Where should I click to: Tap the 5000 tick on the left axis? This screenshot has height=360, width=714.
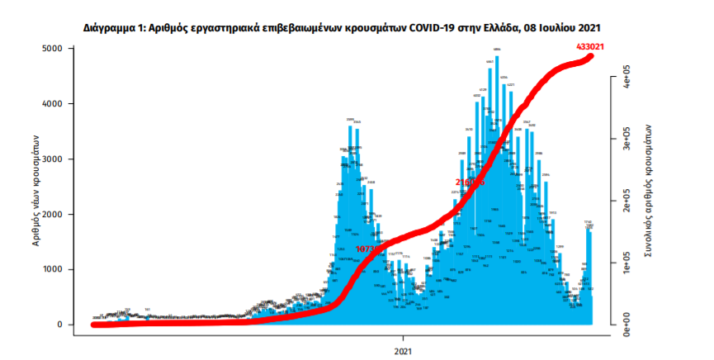(52, 50)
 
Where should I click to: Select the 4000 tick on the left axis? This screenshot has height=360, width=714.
(52, 104)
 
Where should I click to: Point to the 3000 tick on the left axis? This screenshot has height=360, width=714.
(52, 159)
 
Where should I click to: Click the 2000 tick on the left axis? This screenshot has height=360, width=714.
(52, 215)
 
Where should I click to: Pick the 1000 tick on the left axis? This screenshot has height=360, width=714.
(52, 270)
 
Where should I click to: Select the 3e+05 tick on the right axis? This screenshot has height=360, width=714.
(627, 142)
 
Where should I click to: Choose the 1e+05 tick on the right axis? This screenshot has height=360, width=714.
(627, 263)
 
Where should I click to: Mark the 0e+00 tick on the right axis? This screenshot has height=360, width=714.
(627, 322)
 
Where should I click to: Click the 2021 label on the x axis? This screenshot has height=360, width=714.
(404, 350)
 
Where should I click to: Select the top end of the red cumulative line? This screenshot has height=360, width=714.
(590, 56)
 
